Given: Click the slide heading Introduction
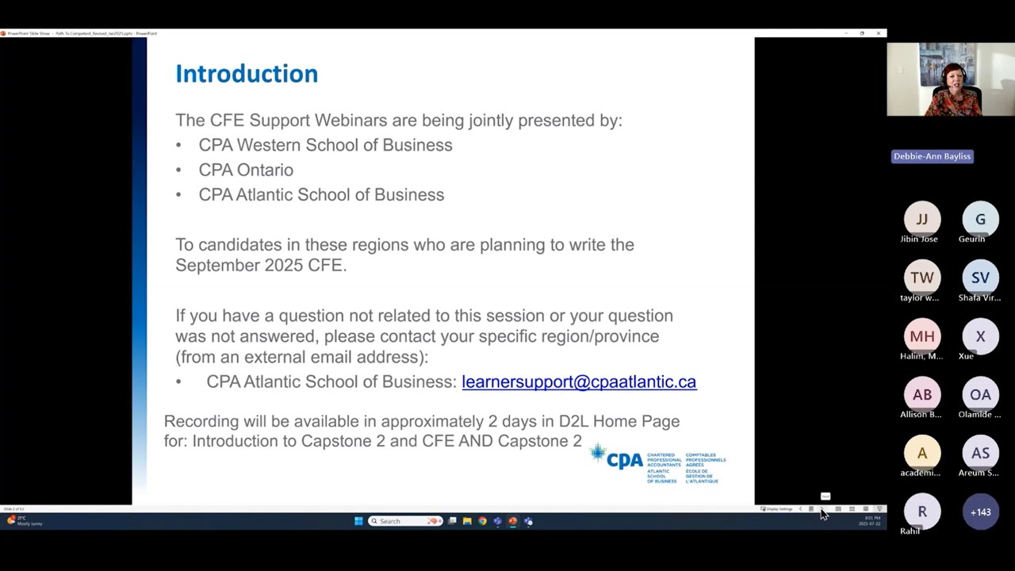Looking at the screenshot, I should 247,74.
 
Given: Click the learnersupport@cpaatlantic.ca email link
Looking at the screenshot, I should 579,381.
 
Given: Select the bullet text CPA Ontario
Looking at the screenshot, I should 246,170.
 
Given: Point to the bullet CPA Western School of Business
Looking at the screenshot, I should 325,145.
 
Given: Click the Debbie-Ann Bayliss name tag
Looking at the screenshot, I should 932,156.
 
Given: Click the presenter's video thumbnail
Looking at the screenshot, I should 950,79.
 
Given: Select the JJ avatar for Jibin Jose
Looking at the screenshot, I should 921,219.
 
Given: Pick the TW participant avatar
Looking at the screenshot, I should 921,278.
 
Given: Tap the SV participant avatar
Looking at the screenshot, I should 980,278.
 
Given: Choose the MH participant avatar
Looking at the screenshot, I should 921,336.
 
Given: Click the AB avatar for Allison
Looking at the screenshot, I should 921,395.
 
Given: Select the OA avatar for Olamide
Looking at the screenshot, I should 980,395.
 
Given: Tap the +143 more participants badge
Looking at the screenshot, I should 980,512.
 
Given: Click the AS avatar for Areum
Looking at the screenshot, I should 980,454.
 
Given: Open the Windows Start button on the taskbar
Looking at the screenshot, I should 358,521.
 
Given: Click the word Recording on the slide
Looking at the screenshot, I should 201,421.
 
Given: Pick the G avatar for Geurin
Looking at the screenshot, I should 980,219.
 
